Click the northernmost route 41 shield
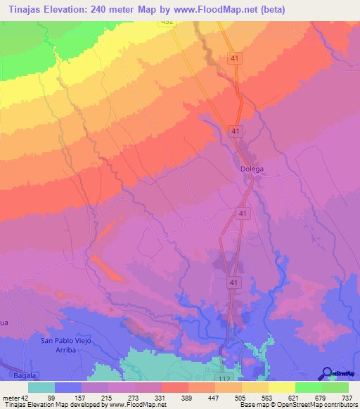[234, 60]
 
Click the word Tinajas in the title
[28, 9]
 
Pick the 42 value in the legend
[25, 396]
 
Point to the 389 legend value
[174, 396]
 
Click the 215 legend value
[107, 396]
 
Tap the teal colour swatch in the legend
[41, 387]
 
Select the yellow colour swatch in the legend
[281, 387]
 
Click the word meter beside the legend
[10, 396]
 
